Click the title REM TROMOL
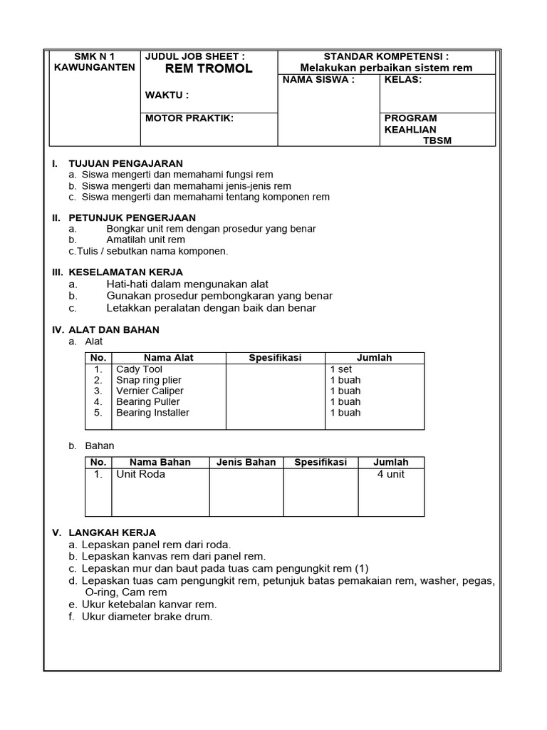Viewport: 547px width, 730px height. click(199, 69)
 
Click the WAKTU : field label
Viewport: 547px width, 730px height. click(167, 96)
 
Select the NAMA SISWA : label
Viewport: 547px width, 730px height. click(318, 80)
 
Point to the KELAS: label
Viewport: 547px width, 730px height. click(403, 80)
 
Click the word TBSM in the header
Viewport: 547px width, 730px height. click(437, 140)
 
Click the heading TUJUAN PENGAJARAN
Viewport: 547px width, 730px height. click(125, 163)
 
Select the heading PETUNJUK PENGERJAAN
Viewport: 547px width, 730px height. click(132, 217)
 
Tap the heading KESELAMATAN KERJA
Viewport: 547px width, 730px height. click(125, 272)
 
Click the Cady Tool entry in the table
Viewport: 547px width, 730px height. click(139, 369)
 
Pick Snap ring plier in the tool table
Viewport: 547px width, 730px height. click(150, 380)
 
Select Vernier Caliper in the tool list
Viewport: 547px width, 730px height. click(150, 391)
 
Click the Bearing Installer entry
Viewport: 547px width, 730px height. click(152, 412)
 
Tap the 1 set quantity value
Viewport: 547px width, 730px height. click(341, 369)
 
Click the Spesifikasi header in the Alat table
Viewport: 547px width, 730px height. click(275, 358)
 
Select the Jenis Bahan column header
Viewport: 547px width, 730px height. click(246, 462)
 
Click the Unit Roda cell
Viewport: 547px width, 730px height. click(140, 474)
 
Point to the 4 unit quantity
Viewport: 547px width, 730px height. click(390, 474)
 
